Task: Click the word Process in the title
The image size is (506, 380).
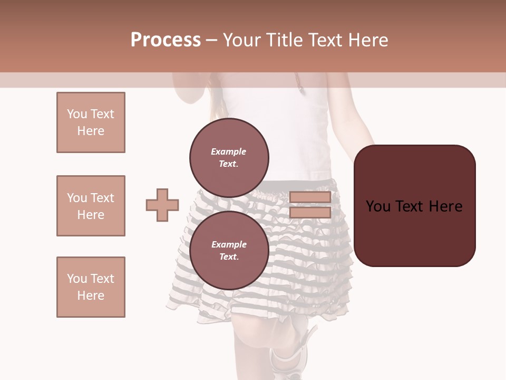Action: point(166,40)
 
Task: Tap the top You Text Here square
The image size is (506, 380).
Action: point(91,122)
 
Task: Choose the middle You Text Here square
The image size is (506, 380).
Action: point(91,206)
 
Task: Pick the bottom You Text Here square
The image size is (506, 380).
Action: point(91,287)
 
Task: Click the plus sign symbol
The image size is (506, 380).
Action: point(162,205)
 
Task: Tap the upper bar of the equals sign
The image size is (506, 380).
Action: point(310,197)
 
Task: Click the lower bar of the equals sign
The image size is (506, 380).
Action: point(310,213)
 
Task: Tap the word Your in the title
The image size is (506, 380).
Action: point(240,40)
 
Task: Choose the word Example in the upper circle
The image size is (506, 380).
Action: point(229,151)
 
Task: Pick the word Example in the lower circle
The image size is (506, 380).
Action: point(229,244)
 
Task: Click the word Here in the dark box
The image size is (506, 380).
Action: point(445,206)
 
